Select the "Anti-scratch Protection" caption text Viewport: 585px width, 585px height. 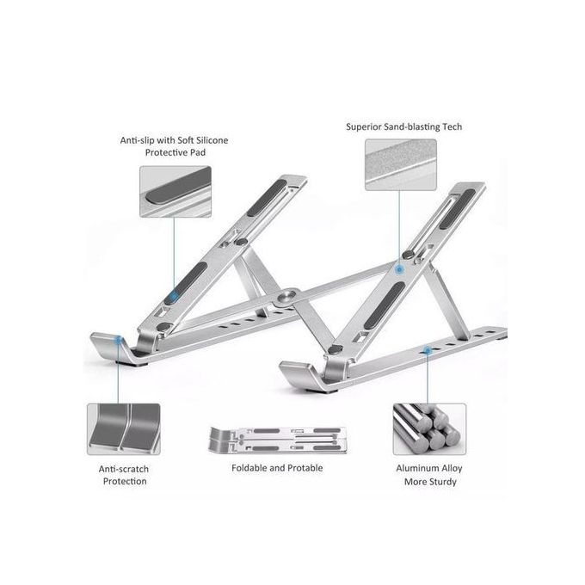(x=123, y=474)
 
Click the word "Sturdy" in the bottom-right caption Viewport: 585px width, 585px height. (x=443, y=482)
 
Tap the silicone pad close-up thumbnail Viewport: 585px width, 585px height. (x=175, y=191)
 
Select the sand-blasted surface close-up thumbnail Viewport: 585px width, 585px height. (x=400, y=164)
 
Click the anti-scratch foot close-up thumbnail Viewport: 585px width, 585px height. (x=123, y=428)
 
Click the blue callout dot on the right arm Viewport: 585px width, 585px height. (x=400, y=269)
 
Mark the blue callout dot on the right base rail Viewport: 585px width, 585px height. (x=428, y=350)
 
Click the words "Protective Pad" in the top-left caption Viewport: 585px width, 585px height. (x=175, y=152)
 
